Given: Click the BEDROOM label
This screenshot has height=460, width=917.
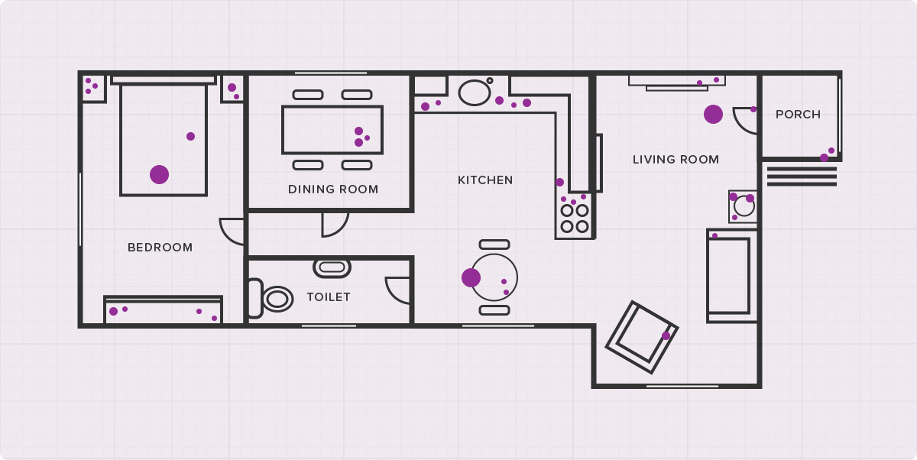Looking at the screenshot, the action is coord(160,247).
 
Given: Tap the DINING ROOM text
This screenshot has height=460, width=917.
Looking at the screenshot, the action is coord(333,189).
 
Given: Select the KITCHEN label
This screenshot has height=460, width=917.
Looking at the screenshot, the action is coord(485,180).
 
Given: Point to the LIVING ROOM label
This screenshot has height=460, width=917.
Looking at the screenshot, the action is coord(676,159).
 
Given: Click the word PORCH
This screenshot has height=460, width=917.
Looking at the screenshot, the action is coord(799,114).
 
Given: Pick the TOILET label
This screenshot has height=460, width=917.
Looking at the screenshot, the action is coord(329,296).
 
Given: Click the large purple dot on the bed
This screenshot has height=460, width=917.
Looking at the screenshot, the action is coord(159,175).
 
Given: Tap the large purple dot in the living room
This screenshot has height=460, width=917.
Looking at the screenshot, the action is coord(713,114).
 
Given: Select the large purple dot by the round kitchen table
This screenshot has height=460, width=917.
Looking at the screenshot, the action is coord(471,278).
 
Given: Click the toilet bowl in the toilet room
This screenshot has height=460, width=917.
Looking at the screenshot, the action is coord(277,300).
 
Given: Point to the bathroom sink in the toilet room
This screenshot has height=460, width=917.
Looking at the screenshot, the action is coord(332,268).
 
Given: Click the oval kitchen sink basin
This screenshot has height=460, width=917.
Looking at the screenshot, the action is coord(475,93).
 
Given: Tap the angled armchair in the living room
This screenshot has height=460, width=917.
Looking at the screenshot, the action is coord(642,337).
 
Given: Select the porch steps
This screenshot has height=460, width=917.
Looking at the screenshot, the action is coord(802,177).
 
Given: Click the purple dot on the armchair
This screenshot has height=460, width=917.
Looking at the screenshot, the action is coord(666,336).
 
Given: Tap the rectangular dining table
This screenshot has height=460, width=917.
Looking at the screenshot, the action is coord(332,130).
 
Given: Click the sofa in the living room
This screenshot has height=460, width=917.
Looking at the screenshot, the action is coord(732,276).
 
